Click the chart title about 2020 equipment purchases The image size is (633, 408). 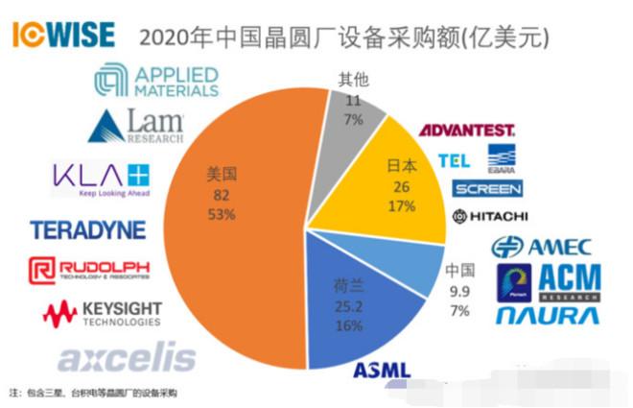tap(344, 37)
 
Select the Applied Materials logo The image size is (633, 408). tap(159, 83)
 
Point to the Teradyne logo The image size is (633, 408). tap(87, 230)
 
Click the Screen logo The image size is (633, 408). tap(488, 188)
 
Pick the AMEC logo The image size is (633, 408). tap(542, 247)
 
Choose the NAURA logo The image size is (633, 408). tap(549, 315)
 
